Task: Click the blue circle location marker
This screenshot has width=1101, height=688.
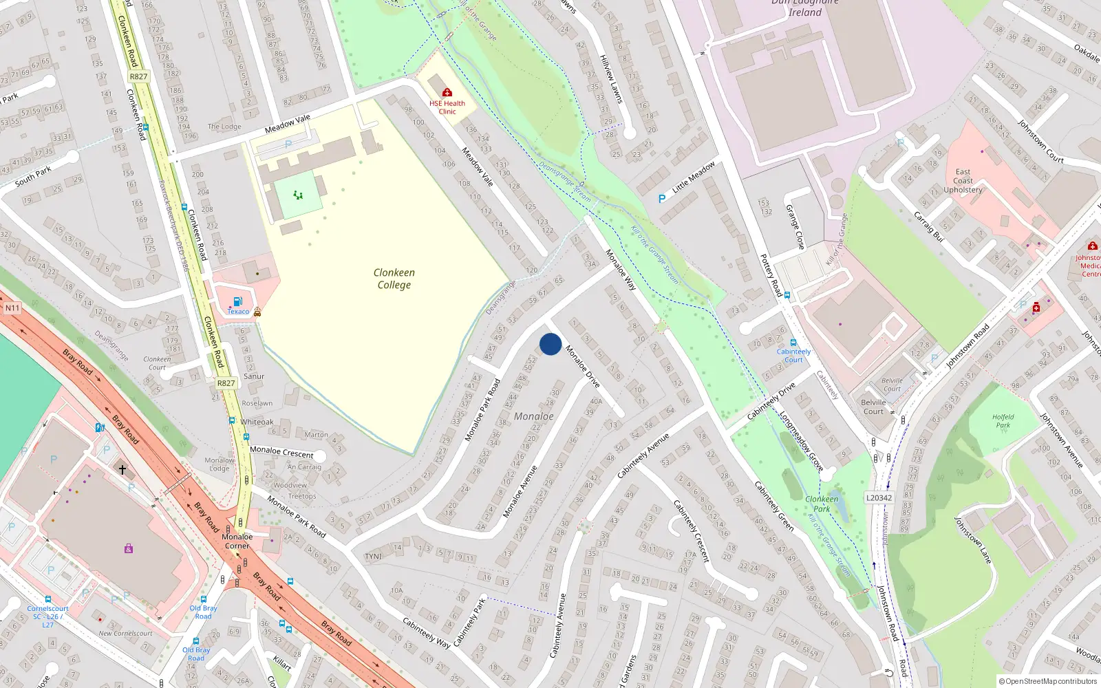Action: pos(550,344)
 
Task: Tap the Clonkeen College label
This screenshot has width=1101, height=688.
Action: pos(394,279)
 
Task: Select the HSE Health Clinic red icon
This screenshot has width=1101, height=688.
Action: pos(447,92)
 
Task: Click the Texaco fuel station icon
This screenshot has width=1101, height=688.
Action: pos(237,301)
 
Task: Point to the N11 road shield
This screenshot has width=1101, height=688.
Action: pos(12,308)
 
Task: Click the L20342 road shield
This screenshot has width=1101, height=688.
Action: pos(879,497)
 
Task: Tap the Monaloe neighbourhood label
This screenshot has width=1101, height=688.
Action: pos(533,416)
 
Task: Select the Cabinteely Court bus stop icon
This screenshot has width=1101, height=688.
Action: pos(793,343)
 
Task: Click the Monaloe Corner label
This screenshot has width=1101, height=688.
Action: pos(237,541)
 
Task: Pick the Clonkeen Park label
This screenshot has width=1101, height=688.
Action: pos(822,504)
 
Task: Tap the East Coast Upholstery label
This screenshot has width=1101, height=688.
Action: pos(963,181)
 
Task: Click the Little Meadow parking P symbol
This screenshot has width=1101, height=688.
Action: pos(662,198)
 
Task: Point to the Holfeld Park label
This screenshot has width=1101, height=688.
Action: pos(1003,421)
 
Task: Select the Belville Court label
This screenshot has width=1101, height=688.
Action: pos(873,407)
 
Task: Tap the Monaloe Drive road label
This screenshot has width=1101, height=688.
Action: pos(583,366)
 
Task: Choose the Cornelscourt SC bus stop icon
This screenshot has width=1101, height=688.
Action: pos(47,599)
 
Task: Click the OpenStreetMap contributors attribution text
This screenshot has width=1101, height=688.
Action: pos(1048,682)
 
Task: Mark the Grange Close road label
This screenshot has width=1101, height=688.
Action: pos(795,226)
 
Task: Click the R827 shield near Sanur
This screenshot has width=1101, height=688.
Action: pos(226,383)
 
